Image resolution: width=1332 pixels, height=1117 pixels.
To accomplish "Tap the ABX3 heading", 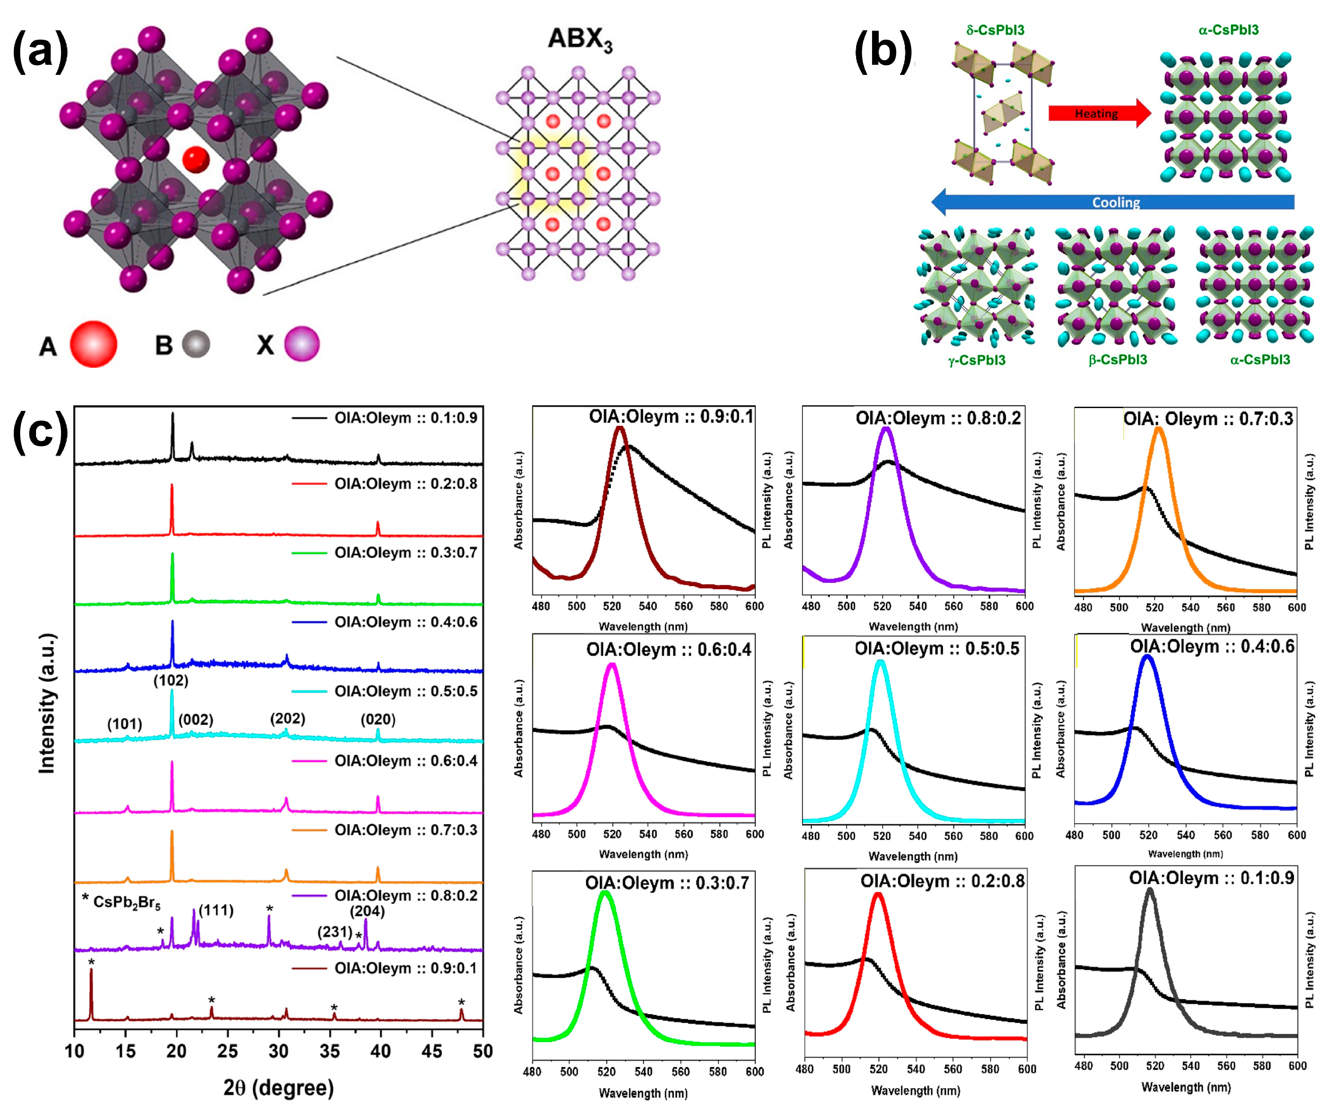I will pyautogui.click(x=580, y=39).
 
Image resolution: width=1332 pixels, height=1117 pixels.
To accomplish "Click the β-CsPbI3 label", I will pyautogui.click(x=1117, y=360).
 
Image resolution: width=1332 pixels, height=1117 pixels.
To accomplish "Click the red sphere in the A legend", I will pyautogui.click(x=93, y=344).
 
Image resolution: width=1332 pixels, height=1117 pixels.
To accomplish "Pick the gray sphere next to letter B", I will pyautogui.click(x=196, y=344).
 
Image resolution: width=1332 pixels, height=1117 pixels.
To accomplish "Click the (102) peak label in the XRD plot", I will pyautogui.click(x=171, y=681).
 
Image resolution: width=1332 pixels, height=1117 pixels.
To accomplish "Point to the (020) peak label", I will pyautogui.click(x=378, y=719).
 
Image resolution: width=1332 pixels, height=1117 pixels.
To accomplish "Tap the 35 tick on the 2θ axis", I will pyautogui.click(x=330, y=1051).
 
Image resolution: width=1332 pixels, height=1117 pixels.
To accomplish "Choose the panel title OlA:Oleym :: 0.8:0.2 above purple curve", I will pyautogui.click(x=938, y=419).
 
